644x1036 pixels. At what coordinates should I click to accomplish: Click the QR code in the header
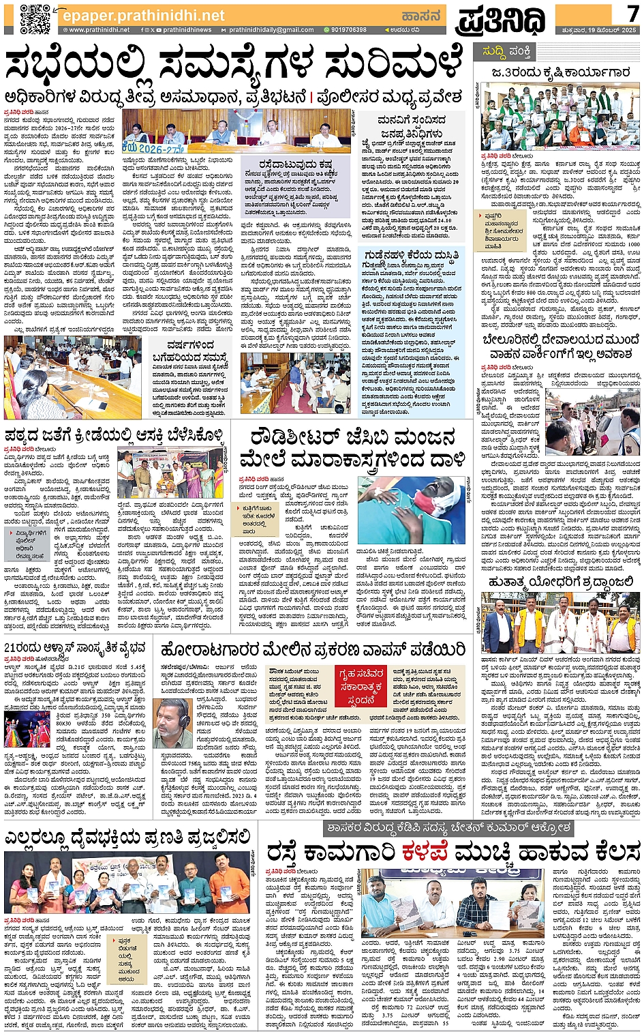point(34,18)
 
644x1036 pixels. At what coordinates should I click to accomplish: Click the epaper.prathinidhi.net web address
point(142,15)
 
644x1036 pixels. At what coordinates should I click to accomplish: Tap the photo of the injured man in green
point(419,509)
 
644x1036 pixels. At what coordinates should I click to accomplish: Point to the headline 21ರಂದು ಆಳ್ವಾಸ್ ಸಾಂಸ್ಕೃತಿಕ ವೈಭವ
point(75,648)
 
